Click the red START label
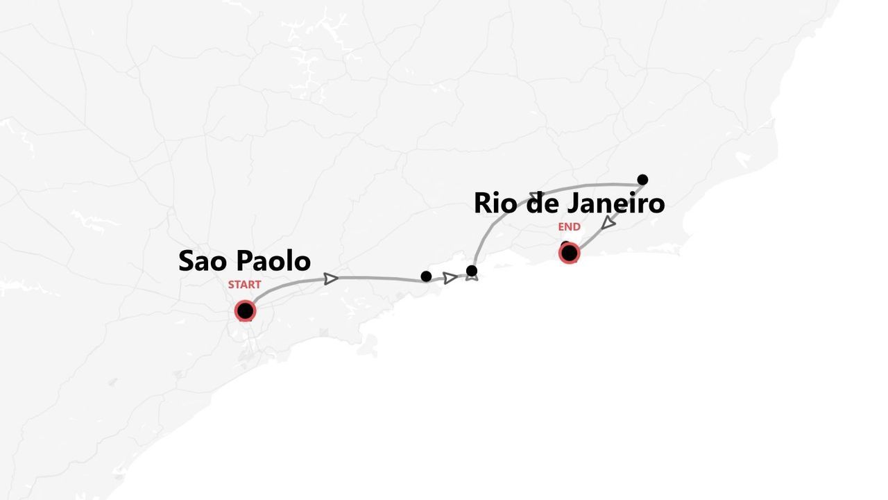(x=244, y=285)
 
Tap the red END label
(x=569, y=227)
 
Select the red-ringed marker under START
(x=245, y=310)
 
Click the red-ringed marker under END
(x=569, y=253)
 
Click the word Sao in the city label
(x=204, y=261)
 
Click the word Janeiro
(x=616, y=203)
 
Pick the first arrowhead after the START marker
(x=331, y=278)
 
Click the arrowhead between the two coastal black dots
(x=450, y=278)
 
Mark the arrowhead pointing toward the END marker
(x=608, y=223)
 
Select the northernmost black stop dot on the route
(x=642, y=180)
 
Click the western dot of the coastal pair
(x=426, y=276)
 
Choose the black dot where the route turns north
(x=472, y=271)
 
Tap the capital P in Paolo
(x=245, y=261)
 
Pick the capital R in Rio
(x=484, y=203)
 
